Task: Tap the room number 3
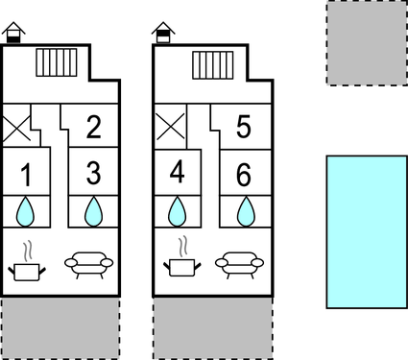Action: [x=93, y=174]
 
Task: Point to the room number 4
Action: [x=177, y=174]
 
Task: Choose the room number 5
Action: [x=244, y=126]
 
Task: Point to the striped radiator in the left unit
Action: [x=57, y=63]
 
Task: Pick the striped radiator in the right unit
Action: [x=210, y=65]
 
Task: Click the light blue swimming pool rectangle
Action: [x=366, y=231]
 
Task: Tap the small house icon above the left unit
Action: [x=12, y=34]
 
